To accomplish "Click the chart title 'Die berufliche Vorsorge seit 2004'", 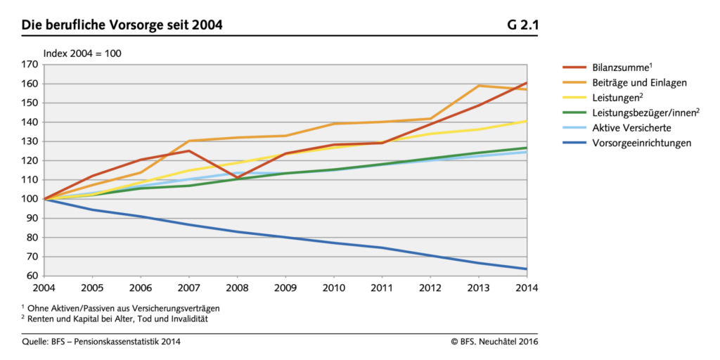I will pyautogui.click(x=122, y=26).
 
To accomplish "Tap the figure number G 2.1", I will pyautogui.click(x=522, y=26).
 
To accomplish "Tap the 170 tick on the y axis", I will pyautogui.click(x=30, y=64).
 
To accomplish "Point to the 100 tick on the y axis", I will pyautogui.click(x=30, y=199).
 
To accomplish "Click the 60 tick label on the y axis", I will pyautogui.click(x=32, y=276).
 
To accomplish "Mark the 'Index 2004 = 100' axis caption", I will pyautogui.click(x=82, y=53).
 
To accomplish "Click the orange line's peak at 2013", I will pyautogui.click(x=478, y=86).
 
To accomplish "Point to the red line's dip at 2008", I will pyautogui.click(x=237, y=179).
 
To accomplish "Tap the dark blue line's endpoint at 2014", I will pyautogui.click(x=526, y=269).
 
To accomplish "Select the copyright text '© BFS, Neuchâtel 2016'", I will pyautogui.click(x=495, y=342).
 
